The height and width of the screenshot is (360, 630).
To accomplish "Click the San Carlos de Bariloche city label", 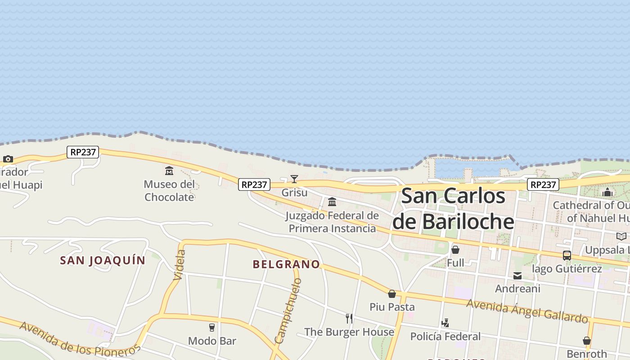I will coord(453,209).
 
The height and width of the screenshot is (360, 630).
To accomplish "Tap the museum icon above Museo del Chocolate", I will coord(169,171).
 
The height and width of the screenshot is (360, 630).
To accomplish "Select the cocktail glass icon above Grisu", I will coord(294,179).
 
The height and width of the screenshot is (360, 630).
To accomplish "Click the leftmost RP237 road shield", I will coord(83,152).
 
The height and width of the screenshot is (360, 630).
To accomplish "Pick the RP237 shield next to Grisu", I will coord(254,184).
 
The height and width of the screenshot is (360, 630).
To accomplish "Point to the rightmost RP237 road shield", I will coord(543,184).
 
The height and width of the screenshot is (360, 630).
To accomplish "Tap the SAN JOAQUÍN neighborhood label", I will coord(103,261).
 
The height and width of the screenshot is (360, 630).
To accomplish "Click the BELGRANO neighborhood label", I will coord(286,264).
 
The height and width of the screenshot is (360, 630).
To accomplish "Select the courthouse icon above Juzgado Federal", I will coord(332,202).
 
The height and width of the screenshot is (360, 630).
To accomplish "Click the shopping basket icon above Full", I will coord(455,250).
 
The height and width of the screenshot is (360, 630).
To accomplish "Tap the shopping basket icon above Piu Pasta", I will coord(392,294).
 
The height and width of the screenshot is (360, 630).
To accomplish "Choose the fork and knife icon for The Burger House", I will coord(349,319).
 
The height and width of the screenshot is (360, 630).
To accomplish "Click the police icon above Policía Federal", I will coord(445,323).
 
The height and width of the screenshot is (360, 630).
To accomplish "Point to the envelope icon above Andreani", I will coord(517,275).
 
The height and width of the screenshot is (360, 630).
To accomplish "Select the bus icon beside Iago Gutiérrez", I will coord(567,256).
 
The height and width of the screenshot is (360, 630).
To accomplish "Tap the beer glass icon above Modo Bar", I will coord(212,327).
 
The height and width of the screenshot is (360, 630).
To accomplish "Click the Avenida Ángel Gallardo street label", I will coord(527,311).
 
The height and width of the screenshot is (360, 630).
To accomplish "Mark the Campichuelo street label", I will coord(288,310).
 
